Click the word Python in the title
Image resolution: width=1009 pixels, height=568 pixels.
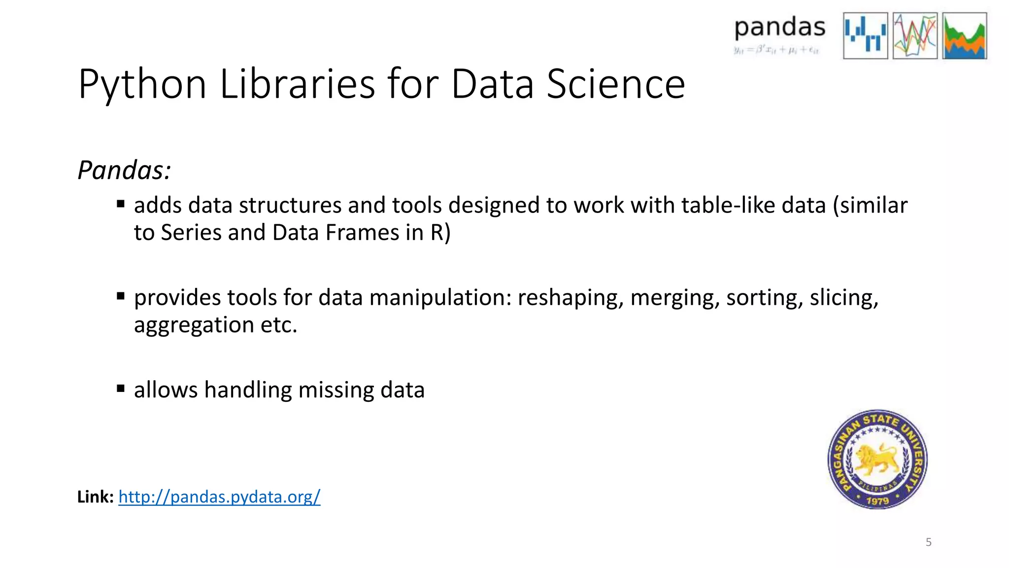[x=142, y=85]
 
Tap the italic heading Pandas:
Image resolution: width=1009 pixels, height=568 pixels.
[x=124, y=171]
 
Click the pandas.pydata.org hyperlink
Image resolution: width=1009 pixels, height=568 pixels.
[x=219, y=497]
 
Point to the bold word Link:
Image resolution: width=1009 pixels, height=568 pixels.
[x=96, y=497]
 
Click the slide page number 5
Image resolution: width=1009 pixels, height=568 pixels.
[x=928, y=542]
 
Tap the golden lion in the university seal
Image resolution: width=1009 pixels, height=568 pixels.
[x=876, y=459]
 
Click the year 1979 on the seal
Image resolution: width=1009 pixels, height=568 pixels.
[x=877, y=501]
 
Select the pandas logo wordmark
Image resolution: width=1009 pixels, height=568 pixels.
[x=779, y=28]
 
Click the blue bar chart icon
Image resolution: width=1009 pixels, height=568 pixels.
[x=865, y=35]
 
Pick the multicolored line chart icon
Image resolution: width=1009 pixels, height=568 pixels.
[x=915, y=35]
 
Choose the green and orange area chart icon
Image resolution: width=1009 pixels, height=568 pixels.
[x=965, y=35]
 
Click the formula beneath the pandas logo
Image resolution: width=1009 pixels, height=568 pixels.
[x=776, y=50]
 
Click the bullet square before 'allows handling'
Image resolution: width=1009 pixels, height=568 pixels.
[x=121, y=388]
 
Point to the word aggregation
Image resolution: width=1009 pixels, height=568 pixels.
[x=194, y=325]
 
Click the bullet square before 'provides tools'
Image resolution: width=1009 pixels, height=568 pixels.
[x=121, y=296]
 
